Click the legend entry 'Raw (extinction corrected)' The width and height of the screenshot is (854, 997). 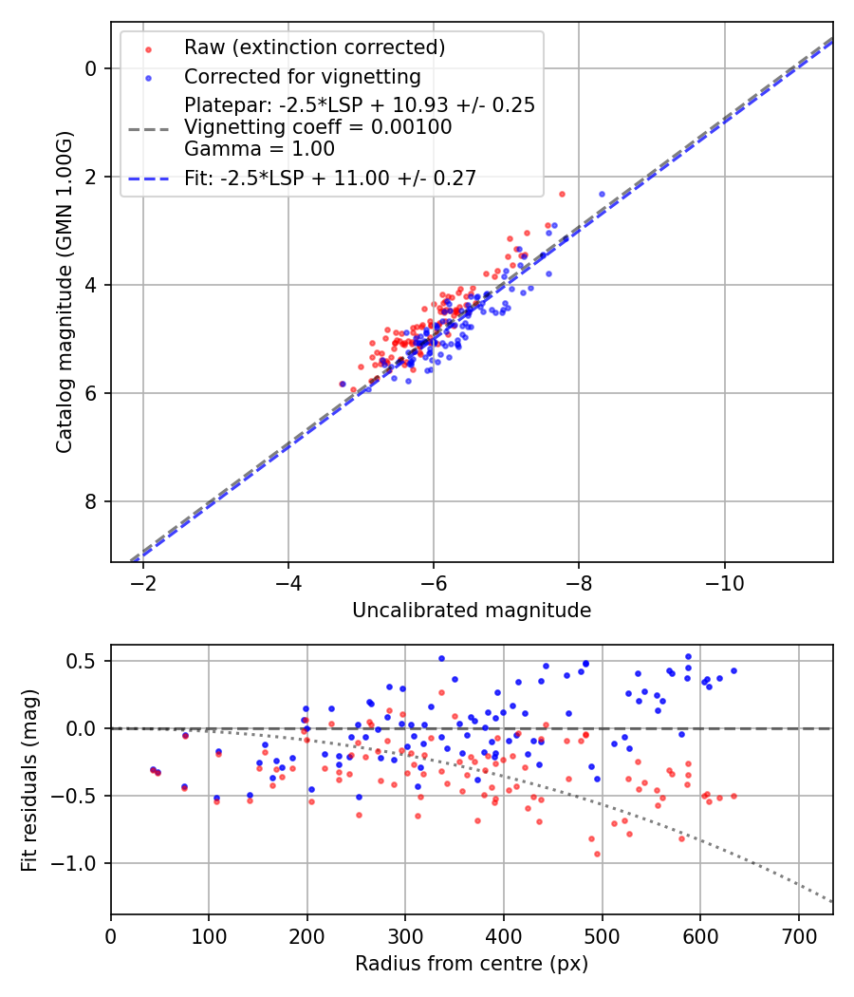pyautogui.click(x=314, y=47)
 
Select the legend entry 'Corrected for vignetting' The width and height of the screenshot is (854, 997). pyautogui.click(x=302, y=76)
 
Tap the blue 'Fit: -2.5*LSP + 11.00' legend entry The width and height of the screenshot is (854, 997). pyautogui.click(x=330, y=177)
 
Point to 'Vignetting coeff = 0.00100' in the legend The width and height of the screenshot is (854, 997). pyautogui.click(x=318, y=126)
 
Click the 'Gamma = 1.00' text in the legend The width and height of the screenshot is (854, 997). pyautogui.click(x=259, y=148)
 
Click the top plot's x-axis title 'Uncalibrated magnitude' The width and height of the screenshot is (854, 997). pyautogui.click(x=472, y=611)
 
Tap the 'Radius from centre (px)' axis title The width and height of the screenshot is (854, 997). pyautogui.click(x=472, y=964)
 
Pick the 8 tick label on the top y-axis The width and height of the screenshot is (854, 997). pyautogui.click(x=92, y=501)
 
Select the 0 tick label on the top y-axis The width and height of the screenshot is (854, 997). pyautogui.click(x=92, y=68)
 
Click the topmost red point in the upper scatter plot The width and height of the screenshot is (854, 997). pyautogui.click(x=562, y=194)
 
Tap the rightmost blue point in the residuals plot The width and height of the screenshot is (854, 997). pyautogui.click(x=733, y=670)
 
